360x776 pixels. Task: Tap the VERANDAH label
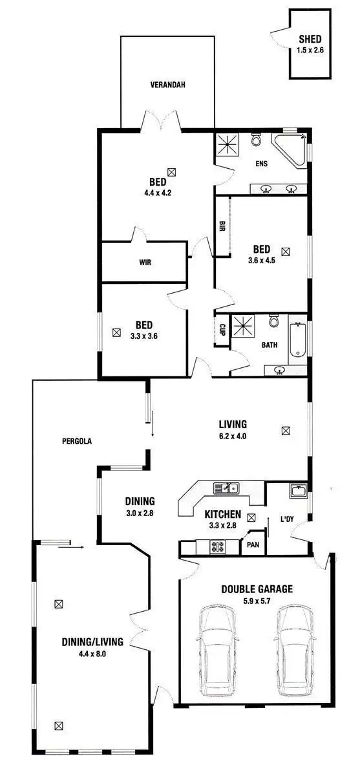(x=168, y=85)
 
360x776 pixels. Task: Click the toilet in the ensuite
(x=257, y=141)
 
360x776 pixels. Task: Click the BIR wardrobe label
(x=222, y=226)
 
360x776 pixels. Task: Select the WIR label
(x=145, y=263)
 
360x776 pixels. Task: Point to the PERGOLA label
(x=77, y=442)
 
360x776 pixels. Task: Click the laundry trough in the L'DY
(x=298, y=491)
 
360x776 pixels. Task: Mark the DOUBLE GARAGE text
(x=257, y=589)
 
